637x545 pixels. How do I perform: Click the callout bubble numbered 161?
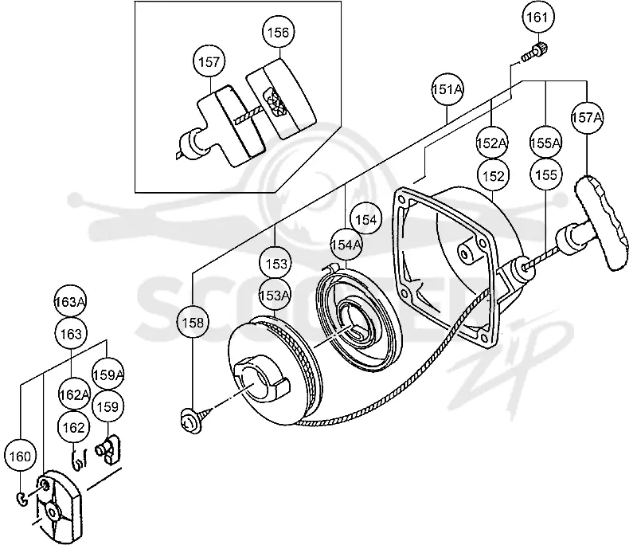click(537, 17)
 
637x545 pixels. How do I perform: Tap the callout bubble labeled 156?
click(278, 33)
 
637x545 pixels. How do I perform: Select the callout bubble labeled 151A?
click(447, 89)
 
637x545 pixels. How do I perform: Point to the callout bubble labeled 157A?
click(587, 117)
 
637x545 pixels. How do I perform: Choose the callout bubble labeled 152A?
click(492, 143)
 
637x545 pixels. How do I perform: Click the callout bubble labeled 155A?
click(546, 143)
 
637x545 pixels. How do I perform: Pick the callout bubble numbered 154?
click(366, 219)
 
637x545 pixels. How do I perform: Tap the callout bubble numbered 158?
click(193, 323)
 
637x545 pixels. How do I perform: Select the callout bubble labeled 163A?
click(70, 301)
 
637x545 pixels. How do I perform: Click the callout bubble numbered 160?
click(20, 457)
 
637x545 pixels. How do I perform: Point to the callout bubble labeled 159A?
click(108, 374)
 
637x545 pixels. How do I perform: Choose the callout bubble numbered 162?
click(73, 427)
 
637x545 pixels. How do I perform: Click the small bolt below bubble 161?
click(534, 52)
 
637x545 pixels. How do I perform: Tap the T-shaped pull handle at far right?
click(595, 228)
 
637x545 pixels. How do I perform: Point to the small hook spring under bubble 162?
click(79, 459)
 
